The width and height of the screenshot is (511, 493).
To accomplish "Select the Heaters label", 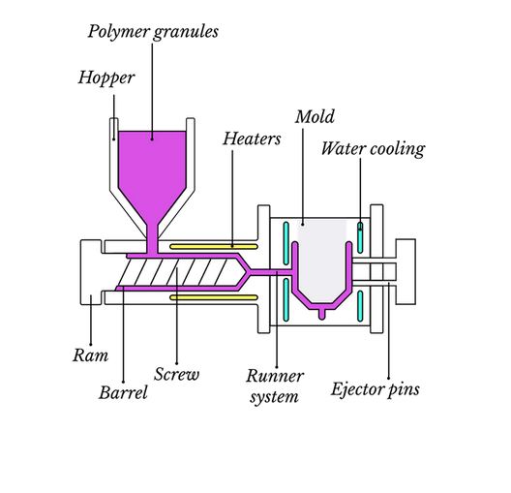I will pos(252,139).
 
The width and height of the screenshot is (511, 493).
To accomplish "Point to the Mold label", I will pos(315,117).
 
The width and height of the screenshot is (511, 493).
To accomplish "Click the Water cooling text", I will pos(373,149).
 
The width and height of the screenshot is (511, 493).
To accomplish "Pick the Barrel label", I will pos(124,392).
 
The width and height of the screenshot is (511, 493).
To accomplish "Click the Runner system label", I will pos(274,385).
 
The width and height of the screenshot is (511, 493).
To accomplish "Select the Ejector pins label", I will pos(375,390).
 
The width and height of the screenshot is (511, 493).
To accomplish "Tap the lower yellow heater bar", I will pos(202,297).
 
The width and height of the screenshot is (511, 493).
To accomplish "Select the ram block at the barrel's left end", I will pos(89,271).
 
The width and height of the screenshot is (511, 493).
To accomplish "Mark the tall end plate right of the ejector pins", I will pos(406,272).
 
